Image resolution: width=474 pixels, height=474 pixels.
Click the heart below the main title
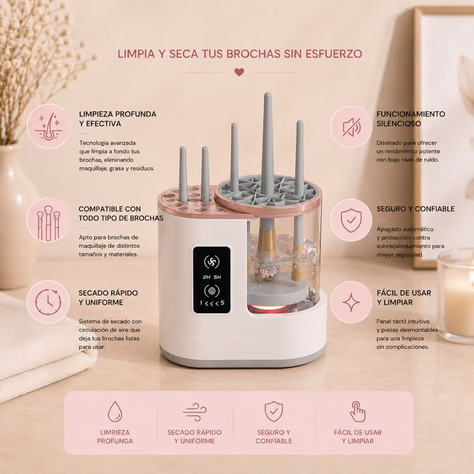[x=239, y=72]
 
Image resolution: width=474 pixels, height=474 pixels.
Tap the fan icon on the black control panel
[x=212, y=262]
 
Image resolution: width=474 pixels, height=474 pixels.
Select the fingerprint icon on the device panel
[x=212, y=291]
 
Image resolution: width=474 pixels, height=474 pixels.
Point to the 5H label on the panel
[x=217, y=277]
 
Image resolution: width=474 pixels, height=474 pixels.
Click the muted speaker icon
[x=351, y=127]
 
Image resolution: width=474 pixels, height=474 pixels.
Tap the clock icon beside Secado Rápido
[x=48, y=302]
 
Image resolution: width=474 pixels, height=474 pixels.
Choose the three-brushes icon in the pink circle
[x=48, y=223]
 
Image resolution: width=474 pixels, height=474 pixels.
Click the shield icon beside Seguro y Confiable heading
[x=351, y=220]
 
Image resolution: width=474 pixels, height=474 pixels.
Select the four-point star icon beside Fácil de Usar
[x=351, y=302]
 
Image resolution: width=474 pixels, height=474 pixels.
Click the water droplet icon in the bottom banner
[x=115, y=411]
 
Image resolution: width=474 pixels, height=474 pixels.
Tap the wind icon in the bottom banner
[x=194, y=412]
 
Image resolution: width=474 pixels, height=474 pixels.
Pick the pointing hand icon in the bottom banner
[x=357, y=411]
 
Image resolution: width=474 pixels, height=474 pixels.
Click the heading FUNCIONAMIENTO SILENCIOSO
[x=410, y=119]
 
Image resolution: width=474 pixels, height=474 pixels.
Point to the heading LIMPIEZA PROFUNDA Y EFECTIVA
[x=118, y=119]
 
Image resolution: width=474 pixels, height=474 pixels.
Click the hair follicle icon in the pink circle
[x=49, y=126]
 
